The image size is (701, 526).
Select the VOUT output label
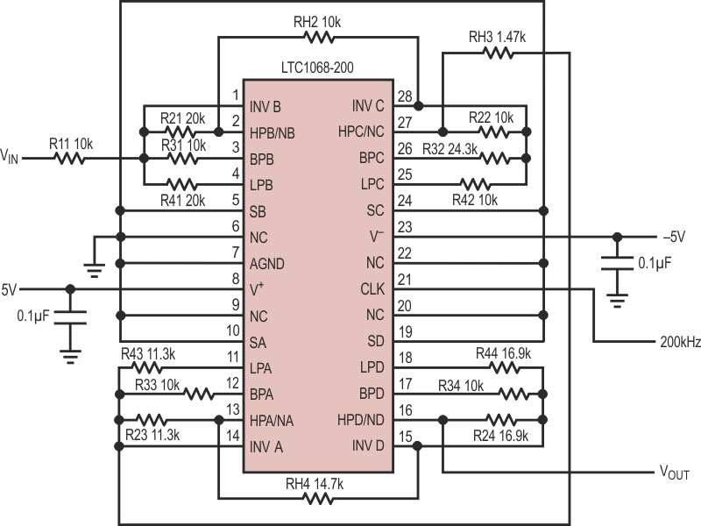click(x=674, y=473)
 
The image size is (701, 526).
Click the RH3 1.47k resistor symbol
click(x=496, y=53)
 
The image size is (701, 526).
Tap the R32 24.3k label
click(x=450, y=149)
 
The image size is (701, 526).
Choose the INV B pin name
click(x=266, y=106)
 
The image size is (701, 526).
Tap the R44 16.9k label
click(x=498, y=353)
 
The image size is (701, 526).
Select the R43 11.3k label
click(x=149, y=353)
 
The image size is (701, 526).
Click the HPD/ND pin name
click(x=359, y=421)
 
